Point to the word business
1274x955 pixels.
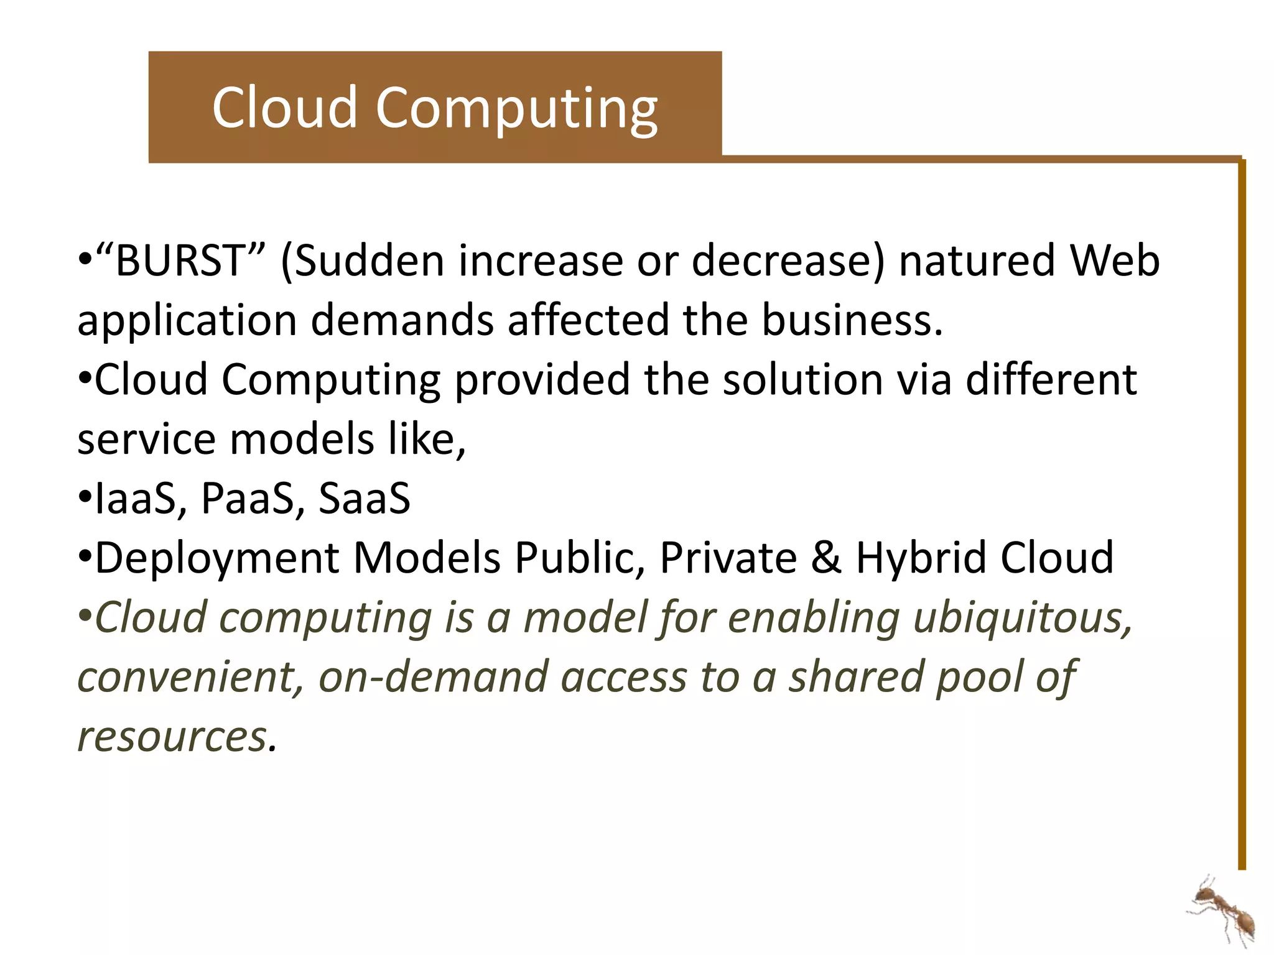click(x=852, y=320)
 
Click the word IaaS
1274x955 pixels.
click(x=136, y=498)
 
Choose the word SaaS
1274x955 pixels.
click(x=365, y=498)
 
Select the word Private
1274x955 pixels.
click(x=728, y=558)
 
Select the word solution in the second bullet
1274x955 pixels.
click(x=802, y=379)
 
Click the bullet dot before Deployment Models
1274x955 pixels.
click(x=85, y=556)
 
